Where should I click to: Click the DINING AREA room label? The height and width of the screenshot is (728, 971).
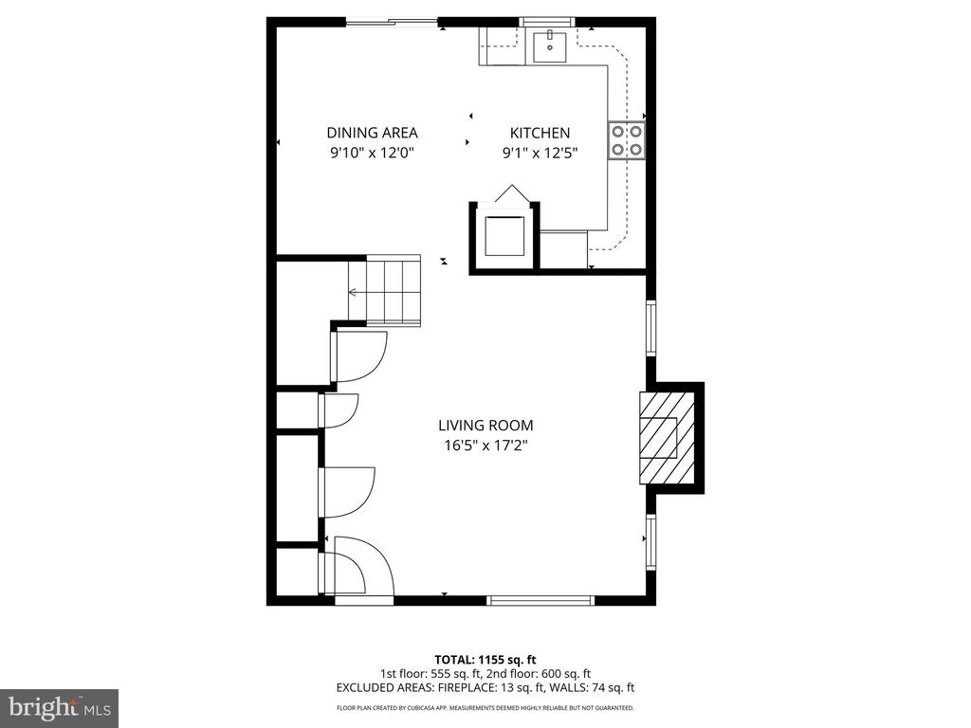point(372,133)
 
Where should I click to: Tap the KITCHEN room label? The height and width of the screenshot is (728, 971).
point(540,133)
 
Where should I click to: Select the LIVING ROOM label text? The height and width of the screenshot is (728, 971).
point(485,426)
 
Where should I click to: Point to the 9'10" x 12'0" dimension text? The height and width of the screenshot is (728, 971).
point(372,152)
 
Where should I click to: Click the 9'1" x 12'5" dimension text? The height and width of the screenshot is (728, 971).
point(540,152)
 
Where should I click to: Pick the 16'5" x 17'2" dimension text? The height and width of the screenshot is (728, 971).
point(485,445)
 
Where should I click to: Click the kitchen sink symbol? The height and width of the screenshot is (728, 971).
point(549,45)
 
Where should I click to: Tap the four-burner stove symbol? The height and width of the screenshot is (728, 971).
point(627,140)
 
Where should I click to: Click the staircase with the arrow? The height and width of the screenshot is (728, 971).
point(384,292)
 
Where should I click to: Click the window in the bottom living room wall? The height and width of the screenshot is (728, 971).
point(540,599)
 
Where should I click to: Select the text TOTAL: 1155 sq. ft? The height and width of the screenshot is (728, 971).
point(485,659)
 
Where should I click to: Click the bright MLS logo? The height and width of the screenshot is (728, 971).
point(59,707)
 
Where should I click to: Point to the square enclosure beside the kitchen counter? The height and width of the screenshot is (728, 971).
point(504,237)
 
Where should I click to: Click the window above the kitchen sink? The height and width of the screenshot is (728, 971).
point(548,22)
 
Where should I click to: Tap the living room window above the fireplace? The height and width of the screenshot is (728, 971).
point(650,328)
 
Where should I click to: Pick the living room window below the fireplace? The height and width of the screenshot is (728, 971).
point(650,542)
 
